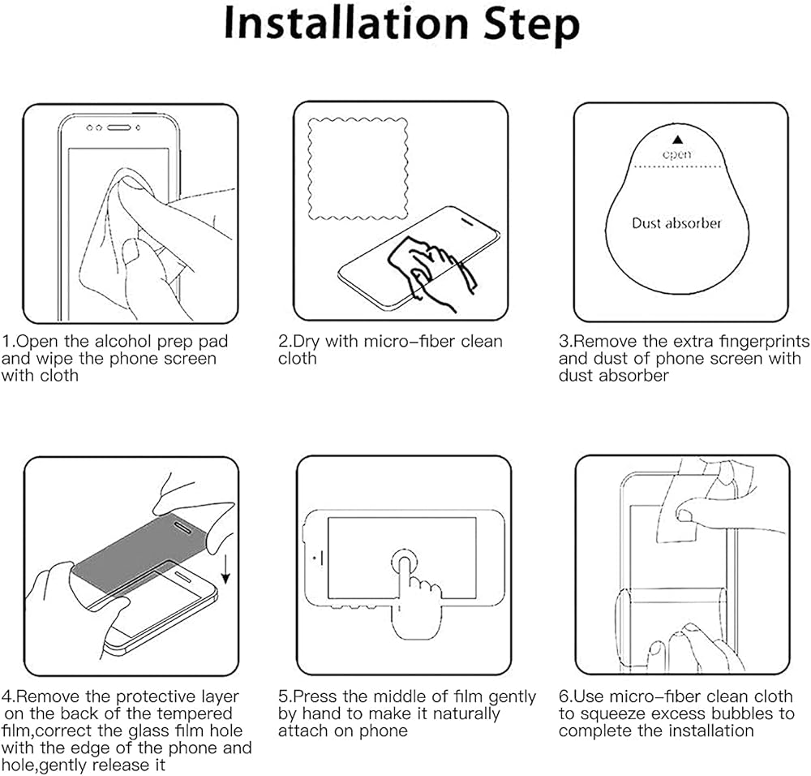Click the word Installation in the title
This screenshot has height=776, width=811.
point(346,24)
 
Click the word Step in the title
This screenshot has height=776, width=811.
point(532,26)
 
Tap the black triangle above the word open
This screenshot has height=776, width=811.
point(677,140)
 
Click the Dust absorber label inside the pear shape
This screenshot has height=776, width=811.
point(676,223)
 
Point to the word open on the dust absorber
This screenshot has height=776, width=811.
point(677,154)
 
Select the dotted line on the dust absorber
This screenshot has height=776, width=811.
point(677,166)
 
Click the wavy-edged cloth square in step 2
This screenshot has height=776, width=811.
point(358,169)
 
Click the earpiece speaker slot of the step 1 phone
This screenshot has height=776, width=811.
point(118,127)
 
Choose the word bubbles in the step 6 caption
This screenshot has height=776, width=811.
point(742,713)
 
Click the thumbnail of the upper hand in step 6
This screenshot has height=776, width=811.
point(684,515)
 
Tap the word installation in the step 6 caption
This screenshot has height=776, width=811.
point(710,731)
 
